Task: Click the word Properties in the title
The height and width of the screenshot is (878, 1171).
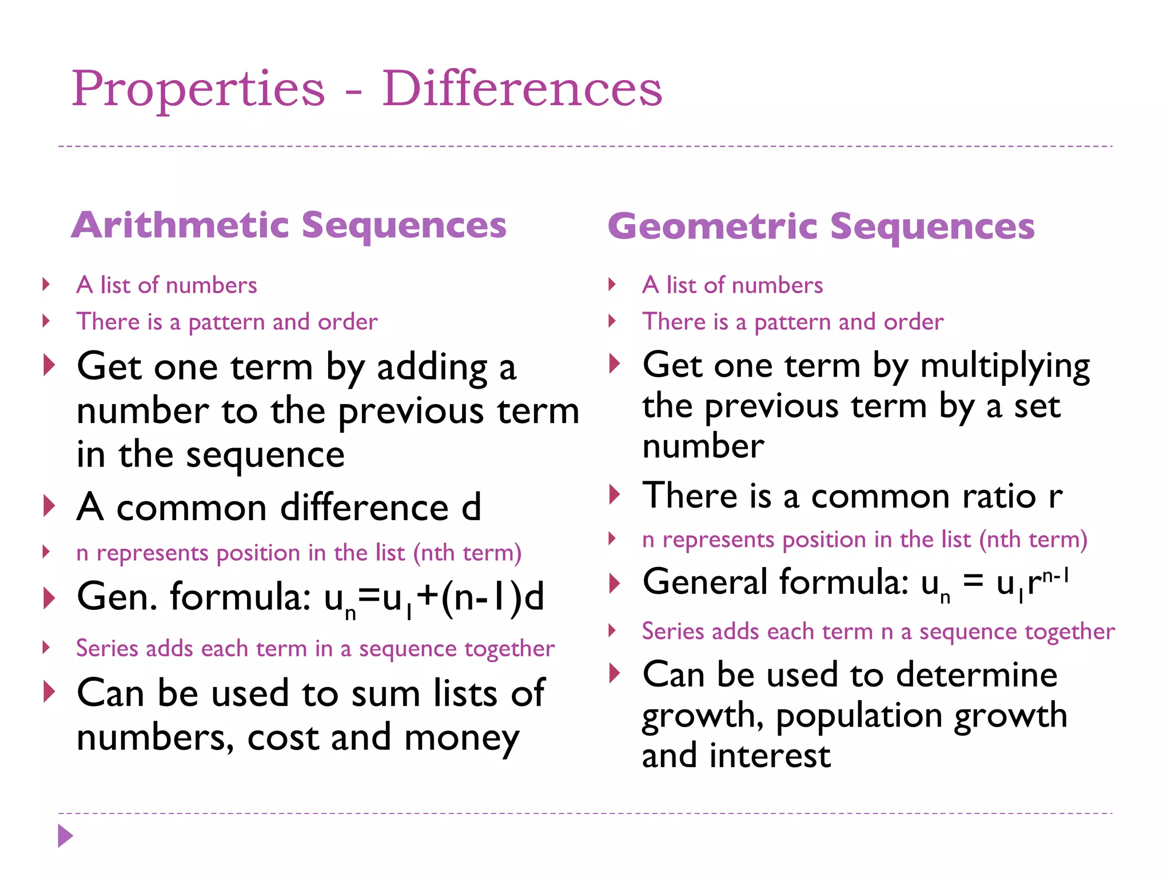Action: [198, 90]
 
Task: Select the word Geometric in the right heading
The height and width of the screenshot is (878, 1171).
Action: [712, 226]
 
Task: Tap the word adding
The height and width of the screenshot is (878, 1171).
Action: [432, 368]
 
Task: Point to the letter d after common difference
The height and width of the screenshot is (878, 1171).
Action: [471, 507]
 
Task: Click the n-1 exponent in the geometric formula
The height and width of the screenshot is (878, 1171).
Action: [1056, 576]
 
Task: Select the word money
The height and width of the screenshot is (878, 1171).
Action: [461, 738]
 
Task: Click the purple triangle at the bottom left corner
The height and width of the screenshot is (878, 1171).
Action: [65, 836]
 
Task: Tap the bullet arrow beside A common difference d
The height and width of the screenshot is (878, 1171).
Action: [49, 506]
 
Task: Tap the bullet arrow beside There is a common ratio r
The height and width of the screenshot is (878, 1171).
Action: [615, 494]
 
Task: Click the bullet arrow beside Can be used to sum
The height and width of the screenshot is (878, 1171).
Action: [49, 692]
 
